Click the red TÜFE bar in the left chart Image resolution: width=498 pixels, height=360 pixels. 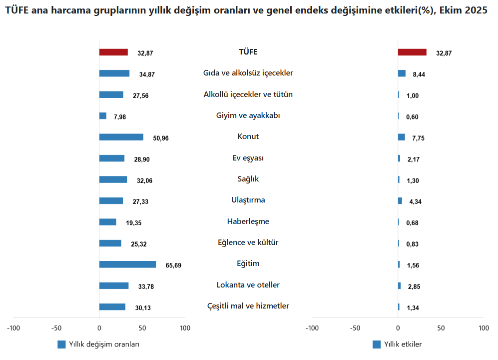[x=113, y=52]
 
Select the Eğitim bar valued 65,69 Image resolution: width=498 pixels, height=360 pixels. [x=127, y=264]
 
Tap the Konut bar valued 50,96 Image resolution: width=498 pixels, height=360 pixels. [x=121, y=137]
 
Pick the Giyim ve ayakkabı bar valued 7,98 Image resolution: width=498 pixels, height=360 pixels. [x=103, y=116]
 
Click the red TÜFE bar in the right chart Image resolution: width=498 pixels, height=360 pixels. [x=412, y=52]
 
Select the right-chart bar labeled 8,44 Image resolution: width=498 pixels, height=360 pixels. [x=402, y=73]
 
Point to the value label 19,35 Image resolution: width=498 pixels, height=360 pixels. [x=134, y=223]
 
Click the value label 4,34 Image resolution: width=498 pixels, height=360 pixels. [x=416, y=201]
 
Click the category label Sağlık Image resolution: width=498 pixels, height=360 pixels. [x=248, y=179]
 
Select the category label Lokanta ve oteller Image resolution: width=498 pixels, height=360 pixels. [x=248, y=285]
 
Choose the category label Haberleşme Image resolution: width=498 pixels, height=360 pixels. [x=248, y=221]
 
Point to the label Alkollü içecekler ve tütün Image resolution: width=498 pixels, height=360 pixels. [x=248, y=94]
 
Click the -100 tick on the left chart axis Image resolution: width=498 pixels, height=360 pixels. [x=13, y=328]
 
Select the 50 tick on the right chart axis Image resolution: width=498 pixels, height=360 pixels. [x=441, y=328]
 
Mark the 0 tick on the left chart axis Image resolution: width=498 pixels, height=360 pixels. [x=99, y=328]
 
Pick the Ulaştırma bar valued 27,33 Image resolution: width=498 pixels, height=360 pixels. [x=111, y=201]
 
